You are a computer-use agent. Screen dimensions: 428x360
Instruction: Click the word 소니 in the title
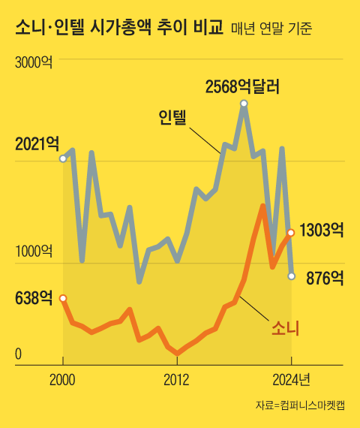[x=28, y=28]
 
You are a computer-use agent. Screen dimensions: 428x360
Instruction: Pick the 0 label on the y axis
[x=19, y=354]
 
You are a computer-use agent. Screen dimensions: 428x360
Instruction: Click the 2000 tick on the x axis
[x=62, y=380]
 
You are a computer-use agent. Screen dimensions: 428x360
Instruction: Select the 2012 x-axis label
[x=176, y=380]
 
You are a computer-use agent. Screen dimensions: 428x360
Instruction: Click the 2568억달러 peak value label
[x=242, y=86]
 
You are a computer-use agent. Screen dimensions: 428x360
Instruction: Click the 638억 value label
[x=34, y=298]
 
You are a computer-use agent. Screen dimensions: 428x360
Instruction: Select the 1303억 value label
[x=321, y=230]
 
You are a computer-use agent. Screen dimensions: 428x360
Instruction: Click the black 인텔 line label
[x=172, y=118]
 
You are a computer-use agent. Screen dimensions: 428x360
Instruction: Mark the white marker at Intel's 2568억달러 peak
[x=244, y=103]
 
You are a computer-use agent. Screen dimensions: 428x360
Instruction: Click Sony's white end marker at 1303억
[x=290, y=232]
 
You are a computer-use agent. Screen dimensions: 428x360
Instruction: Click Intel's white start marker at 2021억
[x=63, y=158]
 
